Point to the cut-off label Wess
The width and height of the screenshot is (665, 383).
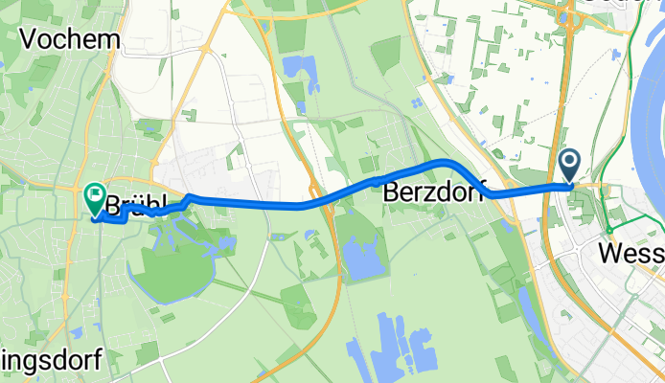coord(631,254)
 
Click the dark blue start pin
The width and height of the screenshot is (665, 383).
coord(569,167)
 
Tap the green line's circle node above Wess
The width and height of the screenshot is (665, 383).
coord(608,229)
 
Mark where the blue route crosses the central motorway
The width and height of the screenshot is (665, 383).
coord(320,200)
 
